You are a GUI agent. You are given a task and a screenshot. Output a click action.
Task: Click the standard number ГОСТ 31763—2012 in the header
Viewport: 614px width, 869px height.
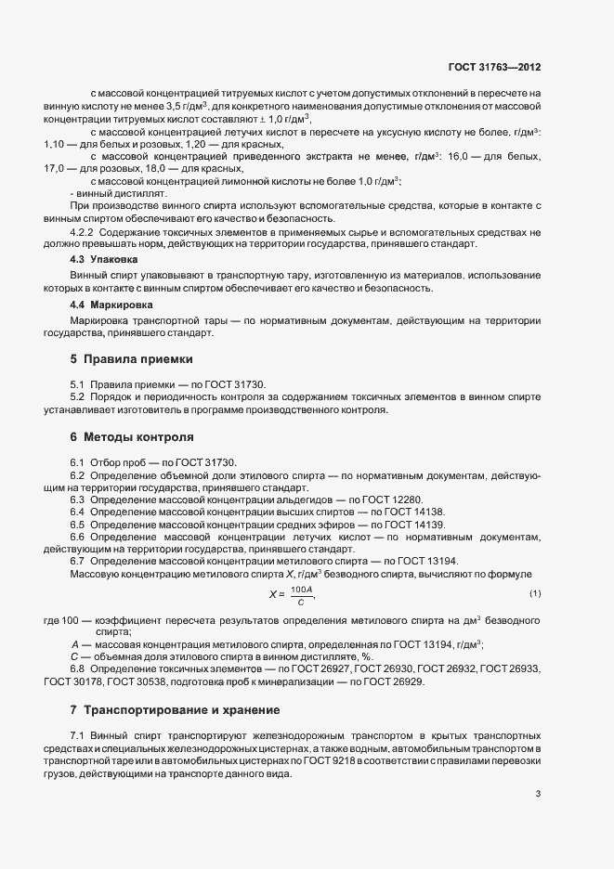coord(495,67)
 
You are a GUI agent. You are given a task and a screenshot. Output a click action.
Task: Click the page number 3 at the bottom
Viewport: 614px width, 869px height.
coord(539,794)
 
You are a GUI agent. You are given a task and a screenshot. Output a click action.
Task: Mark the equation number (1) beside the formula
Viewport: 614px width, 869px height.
coord(535,592)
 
